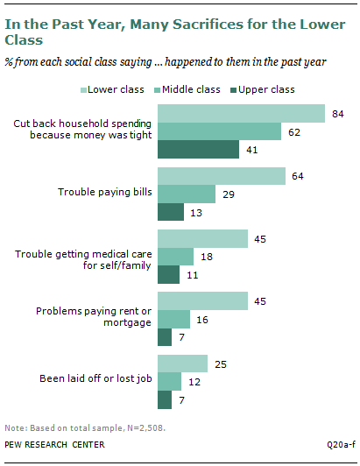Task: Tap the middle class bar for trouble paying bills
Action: pyautogui.click(x=186, y=194)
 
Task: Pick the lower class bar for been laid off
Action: pyautogui.click(x=182, y=364)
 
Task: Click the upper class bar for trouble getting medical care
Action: pyautogui.click(x=168, y=275)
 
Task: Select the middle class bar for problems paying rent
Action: pyautogui.click(x=173, y=319)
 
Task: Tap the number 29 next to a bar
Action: pyautogui.click(x=229, y=194)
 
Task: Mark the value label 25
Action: pyautogui.click(x=222, y=364)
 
